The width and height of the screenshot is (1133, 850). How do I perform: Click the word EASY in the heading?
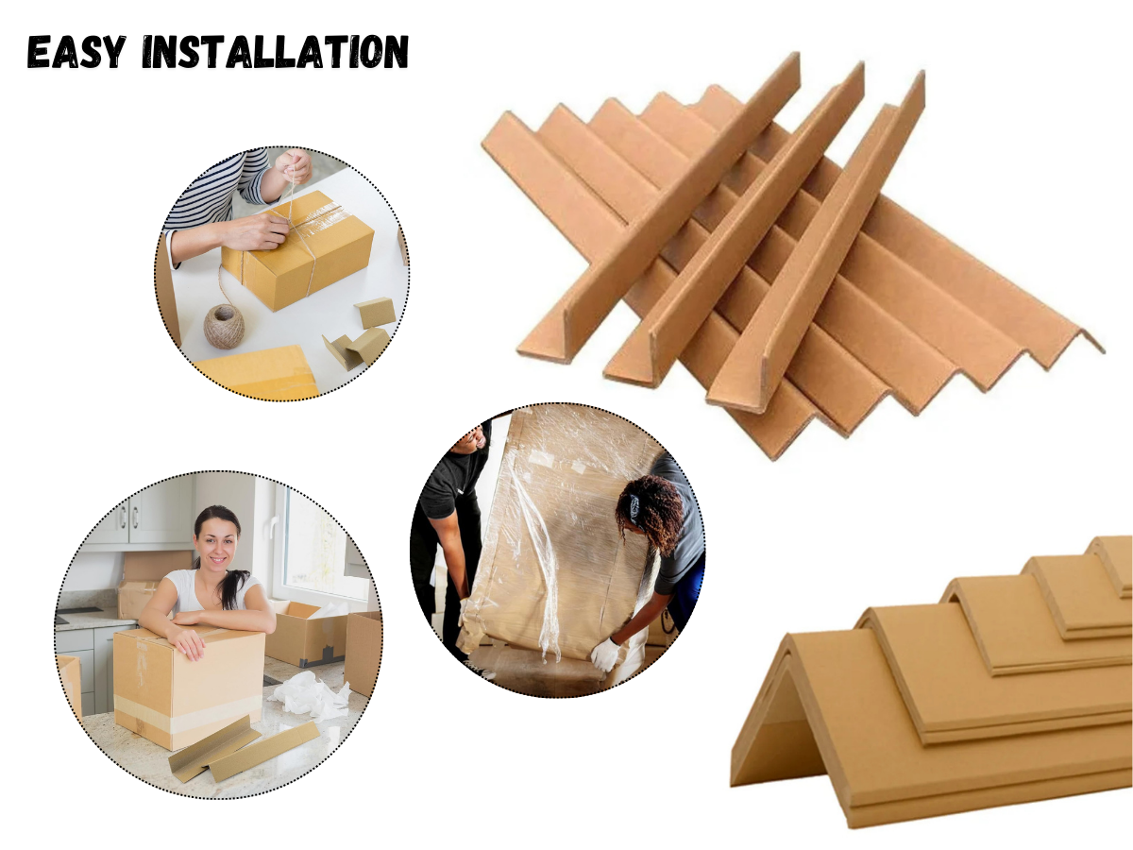coord(76,52)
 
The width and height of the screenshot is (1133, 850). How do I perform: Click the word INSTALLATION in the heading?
coord(275,52)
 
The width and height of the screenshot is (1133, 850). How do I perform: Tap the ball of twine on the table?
coord(224,326)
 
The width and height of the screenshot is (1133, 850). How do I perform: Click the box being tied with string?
coord(296,250)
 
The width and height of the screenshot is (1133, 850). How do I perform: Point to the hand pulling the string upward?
coord(294,166)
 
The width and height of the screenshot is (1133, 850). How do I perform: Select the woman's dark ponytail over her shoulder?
coord(237,588)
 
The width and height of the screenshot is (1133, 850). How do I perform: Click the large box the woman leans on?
coord(189,689)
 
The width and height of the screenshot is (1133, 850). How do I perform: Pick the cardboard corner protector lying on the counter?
coord(243,749)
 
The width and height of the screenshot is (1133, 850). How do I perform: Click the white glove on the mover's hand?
coord(605,654)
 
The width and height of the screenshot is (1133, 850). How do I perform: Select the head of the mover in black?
coord(474,436)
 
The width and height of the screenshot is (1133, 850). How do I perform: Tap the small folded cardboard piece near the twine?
coord(375,313)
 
